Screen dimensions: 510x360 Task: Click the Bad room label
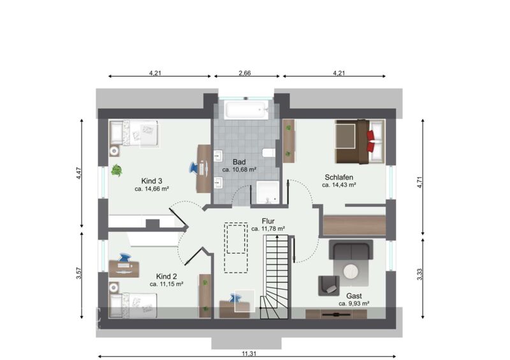[x=239, y=162]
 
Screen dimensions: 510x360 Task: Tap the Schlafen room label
[x=339, y=177]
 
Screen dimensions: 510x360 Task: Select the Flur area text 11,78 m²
[x=268, y=229]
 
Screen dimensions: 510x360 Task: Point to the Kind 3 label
[x=152, y=181]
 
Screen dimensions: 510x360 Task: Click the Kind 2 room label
[x=166, y=277]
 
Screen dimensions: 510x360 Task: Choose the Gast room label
[x=354, y=296]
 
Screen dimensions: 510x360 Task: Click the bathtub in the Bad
[x=247, y=110]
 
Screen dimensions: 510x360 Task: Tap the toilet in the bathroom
[x=268, y=152]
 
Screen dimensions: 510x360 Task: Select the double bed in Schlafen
[x=360, y=141]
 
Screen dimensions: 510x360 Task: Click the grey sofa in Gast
[x=351, y=250]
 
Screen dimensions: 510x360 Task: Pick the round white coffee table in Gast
[x=351, y=271]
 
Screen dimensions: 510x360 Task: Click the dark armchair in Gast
[x=328, y=286]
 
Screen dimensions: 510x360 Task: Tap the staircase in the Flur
[x=275, y=277]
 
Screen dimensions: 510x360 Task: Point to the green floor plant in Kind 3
[x=117, y=170]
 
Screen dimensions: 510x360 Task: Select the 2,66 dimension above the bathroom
[x=245, y=73]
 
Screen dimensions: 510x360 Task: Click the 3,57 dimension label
[x=78, y=273]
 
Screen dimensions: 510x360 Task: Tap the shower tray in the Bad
[x=267, y=192]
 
